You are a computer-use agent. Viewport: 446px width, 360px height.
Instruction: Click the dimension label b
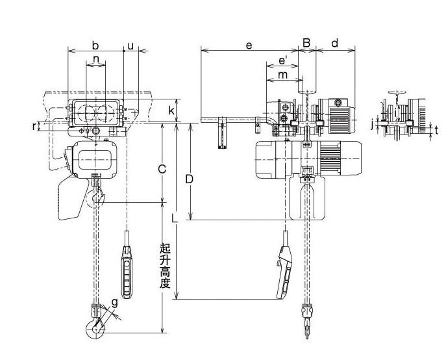pyautogui.click(x=95, y=45)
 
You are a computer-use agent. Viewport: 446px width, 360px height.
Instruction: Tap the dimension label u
pyautogui.click(x=130, y=45)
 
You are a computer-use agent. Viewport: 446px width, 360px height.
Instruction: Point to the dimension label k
pyautogui.click(x=171, y=110)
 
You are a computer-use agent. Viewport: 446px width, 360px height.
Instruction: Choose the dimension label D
pyautogui.click(x=190, y=178)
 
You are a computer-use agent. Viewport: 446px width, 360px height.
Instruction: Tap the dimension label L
pyautogui.click(x=174, y=218)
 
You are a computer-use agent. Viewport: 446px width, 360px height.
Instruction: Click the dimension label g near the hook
pyautogui.click(x=114, y=302)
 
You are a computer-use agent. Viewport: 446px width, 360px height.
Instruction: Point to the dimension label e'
pyautogui.click(x=282, y=60)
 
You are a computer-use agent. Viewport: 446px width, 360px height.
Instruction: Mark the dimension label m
pyautogui.click(x=282, y=75)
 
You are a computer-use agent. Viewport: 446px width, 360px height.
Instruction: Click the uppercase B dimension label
pyautogui.click(x=307, y=44)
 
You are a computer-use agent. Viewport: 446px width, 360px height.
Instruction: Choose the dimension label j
pyautogui.click(x=373, y=122)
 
